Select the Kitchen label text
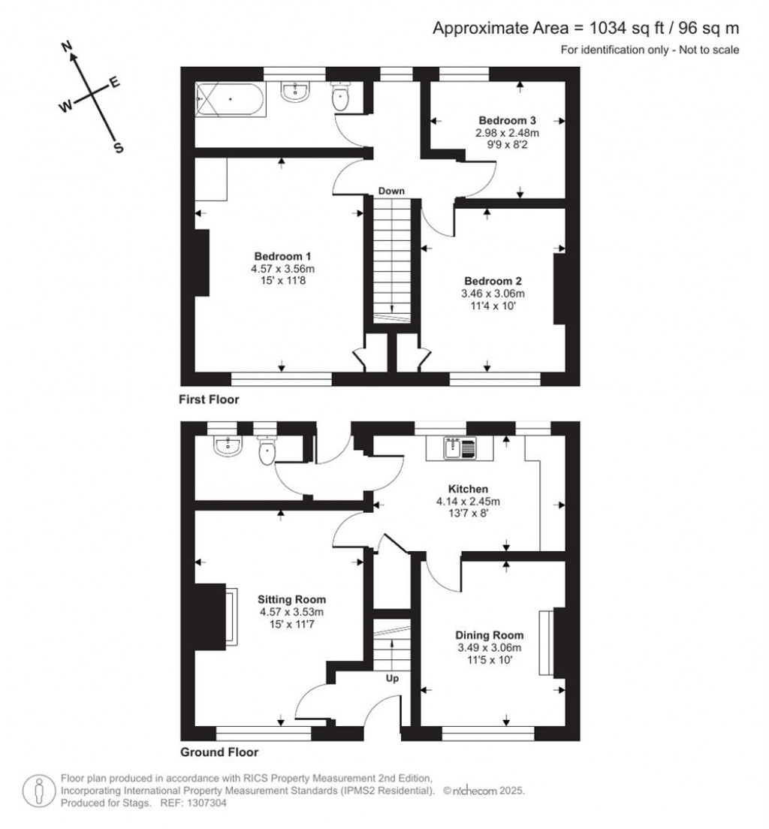click(468, 489)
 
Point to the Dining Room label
click(489, 635)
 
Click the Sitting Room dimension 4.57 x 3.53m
click(291, 612)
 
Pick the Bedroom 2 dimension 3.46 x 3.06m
click(493, 294)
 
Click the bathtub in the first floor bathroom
click(231, 99)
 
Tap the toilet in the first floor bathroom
click(339, 95)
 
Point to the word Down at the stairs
click(391, 191)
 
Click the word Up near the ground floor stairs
click(392, 678)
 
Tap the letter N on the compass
click(67, 47)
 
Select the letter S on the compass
click(119, 148)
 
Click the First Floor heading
click(209, 399)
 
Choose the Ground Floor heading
click(219, 752)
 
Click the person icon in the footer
click(38, 791)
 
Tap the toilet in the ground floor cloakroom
click(267, 451)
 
